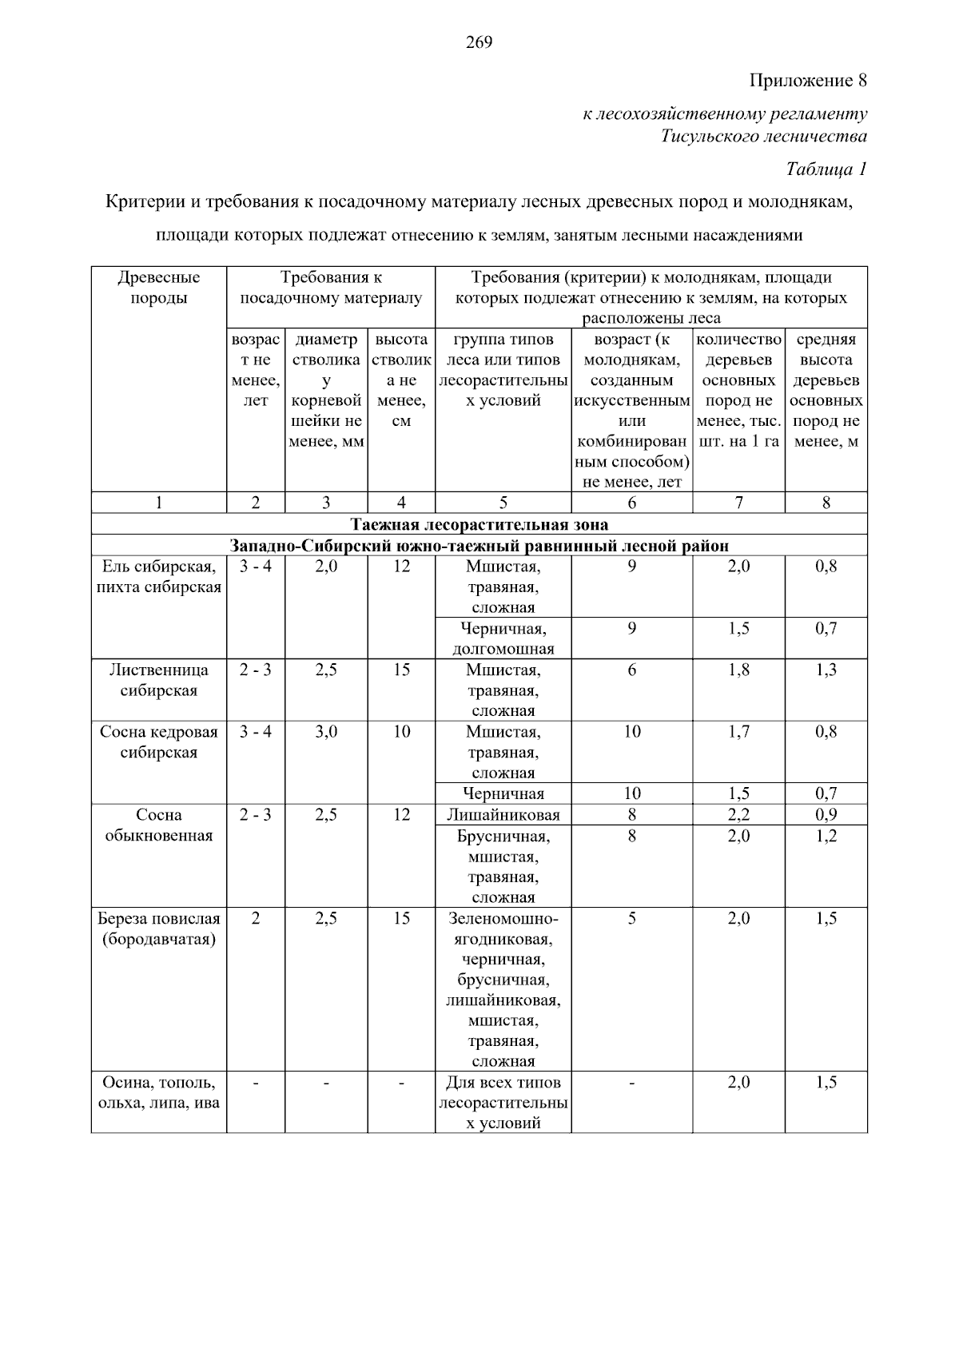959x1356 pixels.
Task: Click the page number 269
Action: click(479, 42)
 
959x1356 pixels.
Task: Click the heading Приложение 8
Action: click(807, 81)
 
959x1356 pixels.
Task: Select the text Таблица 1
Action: click(826, 169)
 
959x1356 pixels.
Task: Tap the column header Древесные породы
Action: click(159, 288)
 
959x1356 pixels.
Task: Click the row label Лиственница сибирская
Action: click(159, 680)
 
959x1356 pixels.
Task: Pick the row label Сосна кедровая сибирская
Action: click(159, 742)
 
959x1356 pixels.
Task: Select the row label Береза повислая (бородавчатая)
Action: click(159, 929)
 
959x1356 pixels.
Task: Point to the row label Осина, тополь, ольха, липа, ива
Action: click(159, 1092)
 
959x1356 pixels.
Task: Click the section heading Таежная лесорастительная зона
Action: click(479, 525)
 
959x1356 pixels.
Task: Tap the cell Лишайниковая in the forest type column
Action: click(503, 815)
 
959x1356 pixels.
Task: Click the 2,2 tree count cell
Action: click(738, 815)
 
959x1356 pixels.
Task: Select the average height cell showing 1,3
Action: click(826, 670)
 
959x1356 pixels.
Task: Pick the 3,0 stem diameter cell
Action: click(326, 732)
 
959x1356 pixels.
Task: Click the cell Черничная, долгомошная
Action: click(503, 638)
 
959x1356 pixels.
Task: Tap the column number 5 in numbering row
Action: click(503, 503)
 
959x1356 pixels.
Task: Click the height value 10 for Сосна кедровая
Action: click(401, 732)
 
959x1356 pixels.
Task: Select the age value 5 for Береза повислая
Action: click(631, 919)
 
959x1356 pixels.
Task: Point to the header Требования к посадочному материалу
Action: click(331, 288)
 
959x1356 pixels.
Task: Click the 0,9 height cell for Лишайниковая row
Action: click(826, 815)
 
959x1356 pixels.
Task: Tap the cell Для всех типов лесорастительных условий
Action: click(503, 1103)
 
